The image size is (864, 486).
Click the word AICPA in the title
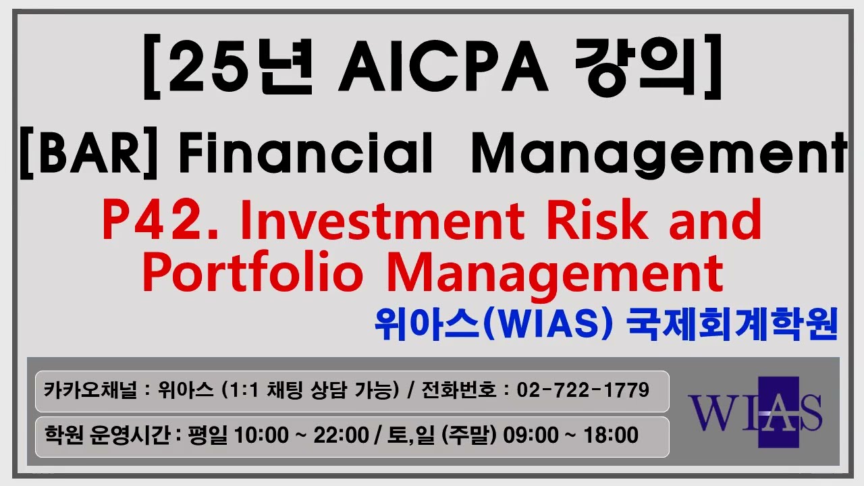(x=443, y=67)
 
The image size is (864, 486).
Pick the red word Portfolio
(x=253, y=272)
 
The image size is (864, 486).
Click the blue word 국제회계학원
(x=732, y=325)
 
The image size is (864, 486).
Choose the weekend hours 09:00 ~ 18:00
(x=570, y=435)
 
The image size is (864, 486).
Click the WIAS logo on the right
(x=755, y=412)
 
